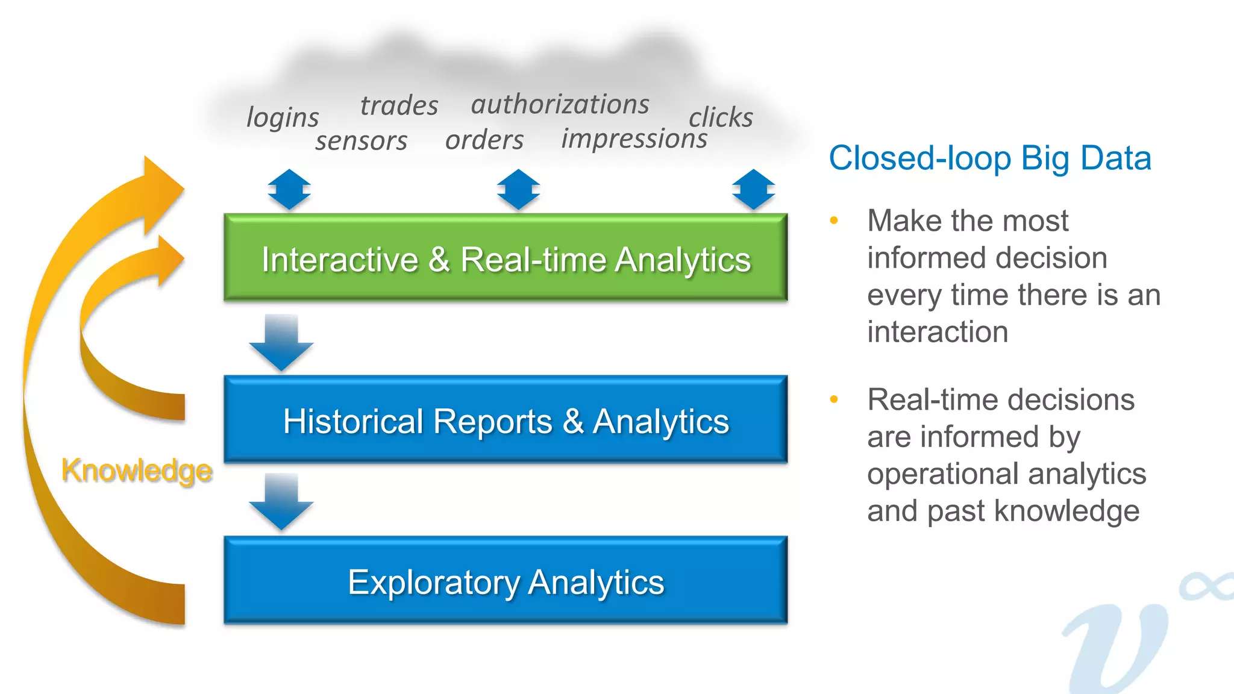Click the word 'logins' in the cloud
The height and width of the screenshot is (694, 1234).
(283, 117)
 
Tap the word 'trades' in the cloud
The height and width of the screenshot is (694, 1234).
(399, 105)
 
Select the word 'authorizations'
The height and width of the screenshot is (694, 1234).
(560, 104)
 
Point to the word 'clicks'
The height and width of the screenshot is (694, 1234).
(721, 117)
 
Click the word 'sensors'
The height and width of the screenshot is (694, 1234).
(361, 141)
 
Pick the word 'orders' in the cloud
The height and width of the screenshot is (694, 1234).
(484, 140)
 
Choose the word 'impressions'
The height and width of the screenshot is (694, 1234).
(634, 139)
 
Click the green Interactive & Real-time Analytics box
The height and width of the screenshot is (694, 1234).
(506, 258)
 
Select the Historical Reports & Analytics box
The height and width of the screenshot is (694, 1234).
(506, 420)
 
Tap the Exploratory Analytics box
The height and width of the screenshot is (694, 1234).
(506, 580)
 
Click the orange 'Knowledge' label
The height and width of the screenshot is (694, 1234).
(137, 470)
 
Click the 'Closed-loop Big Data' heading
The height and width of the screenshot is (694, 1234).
(989, 158)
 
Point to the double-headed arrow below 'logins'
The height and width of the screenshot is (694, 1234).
(289, 190)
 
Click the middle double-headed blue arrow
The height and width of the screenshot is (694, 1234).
(518, 190)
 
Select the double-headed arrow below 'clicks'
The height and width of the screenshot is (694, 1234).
(753, 190)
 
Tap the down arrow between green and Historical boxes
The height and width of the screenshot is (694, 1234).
(281, 342)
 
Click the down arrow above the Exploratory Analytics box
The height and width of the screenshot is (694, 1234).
(281, 502)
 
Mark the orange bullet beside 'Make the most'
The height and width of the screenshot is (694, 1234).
(834, 220)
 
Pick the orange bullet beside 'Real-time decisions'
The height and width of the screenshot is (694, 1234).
(834, 399)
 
